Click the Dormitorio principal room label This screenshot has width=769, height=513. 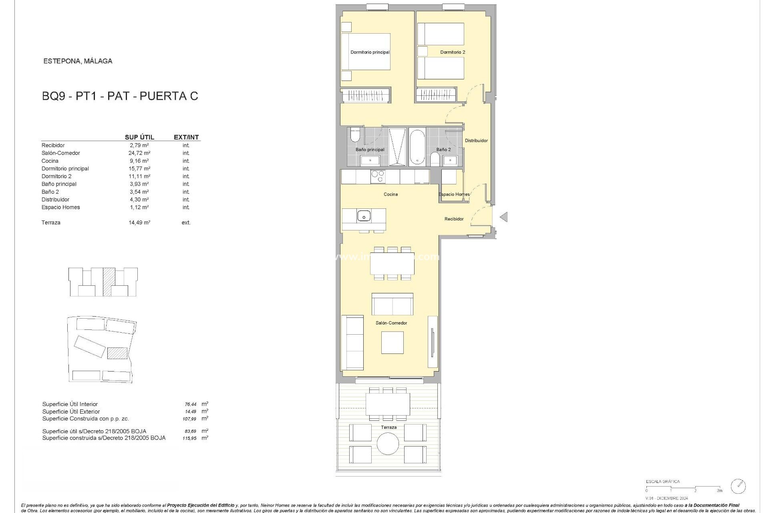tap(370, 52)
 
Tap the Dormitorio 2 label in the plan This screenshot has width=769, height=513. tap(453, 52)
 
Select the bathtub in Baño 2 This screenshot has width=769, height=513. tap(417, 147)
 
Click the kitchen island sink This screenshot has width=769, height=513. tap(364, 216)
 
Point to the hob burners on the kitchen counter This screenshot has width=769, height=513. tap(378, 176)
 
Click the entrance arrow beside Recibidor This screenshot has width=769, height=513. tap(503, 217)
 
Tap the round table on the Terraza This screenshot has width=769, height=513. tap(388, 444)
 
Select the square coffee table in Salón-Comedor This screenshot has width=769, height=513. tap(392, 343)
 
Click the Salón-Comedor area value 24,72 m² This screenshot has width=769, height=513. tap(139, 153)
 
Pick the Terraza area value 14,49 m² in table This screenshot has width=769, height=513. tap(139, 222)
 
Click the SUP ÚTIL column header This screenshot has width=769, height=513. tap(139, 137)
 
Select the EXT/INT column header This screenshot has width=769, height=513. tap(186, 137)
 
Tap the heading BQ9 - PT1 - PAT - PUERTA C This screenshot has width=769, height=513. tap(120, 96)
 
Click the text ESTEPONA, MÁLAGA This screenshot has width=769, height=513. tap(78, 61)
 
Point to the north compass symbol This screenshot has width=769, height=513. tap(738, 486)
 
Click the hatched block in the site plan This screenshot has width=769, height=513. tap(117, 353)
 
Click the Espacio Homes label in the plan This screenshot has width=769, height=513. tap(454, 194)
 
